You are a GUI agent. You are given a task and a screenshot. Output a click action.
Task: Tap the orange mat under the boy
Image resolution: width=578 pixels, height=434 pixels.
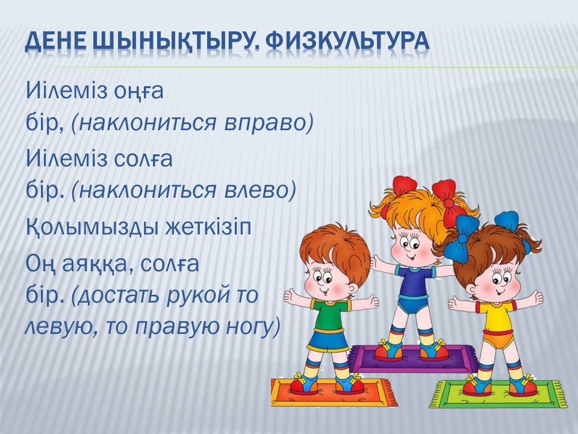click(334, 392)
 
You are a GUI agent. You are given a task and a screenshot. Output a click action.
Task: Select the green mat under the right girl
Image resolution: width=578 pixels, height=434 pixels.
click(499, 394)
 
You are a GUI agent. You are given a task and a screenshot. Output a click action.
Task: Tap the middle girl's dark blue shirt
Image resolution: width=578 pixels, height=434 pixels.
click(415, 280)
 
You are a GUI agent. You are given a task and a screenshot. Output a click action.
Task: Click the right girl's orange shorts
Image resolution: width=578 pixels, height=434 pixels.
click(498, 339)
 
